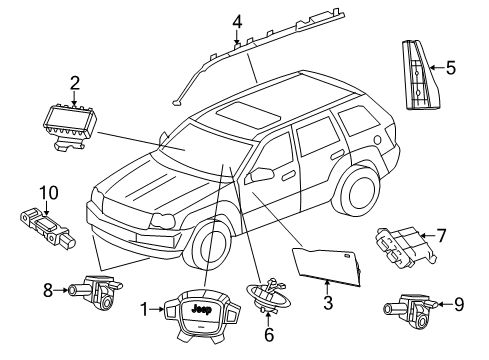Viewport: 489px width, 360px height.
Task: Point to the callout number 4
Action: pyautogui.click(x=236, y=21)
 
